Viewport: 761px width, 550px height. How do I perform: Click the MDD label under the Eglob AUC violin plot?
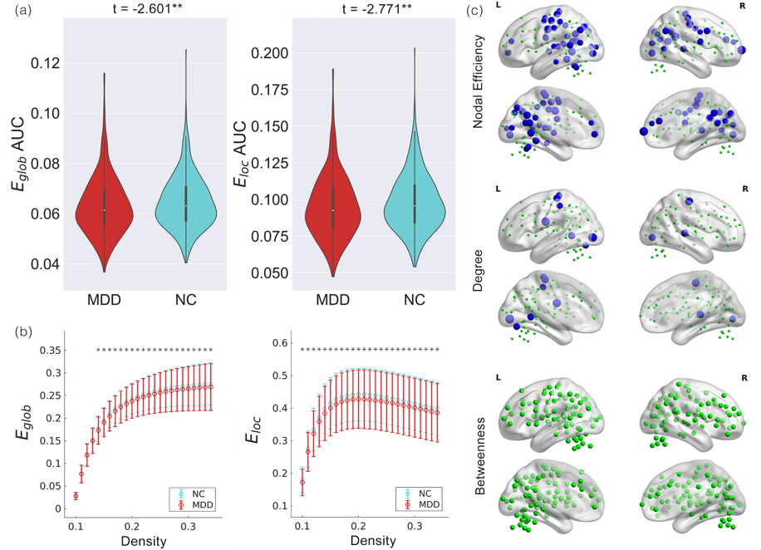coord(105,298)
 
